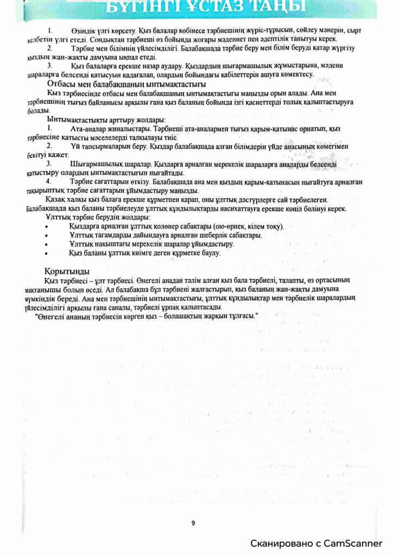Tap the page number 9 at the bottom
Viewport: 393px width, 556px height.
click(x=193, y=523)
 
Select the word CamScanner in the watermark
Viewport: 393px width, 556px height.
click(x=354, y=544)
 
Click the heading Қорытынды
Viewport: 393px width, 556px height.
click(x=67, y=271)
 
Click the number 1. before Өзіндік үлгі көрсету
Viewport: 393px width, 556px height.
click(x=50, y=30)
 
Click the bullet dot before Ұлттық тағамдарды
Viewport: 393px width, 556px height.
click(x=49, y=235)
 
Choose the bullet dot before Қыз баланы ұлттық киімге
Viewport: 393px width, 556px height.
click(x=49, y=253)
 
